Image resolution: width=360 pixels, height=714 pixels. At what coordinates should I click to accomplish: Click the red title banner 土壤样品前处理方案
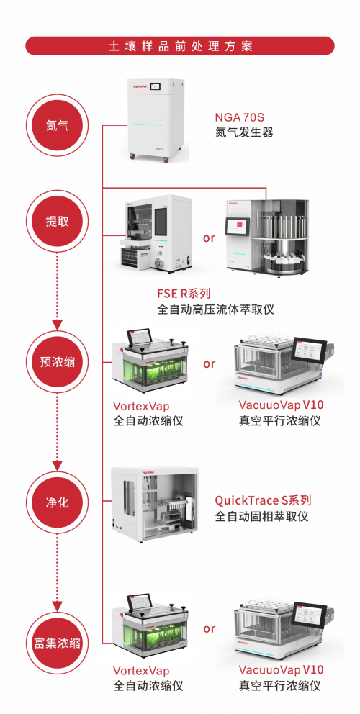pyautogui.click(x=180, y=46)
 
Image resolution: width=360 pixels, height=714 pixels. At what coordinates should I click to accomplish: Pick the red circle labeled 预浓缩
pyautogui.click(x=58, y=363)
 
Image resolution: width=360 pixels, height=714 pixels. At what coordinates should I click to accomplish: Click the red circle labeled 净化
pyautogui.click(x=58, y=503)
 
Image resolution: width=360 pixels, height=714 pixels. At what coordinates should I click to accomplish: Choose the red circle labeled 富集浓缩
pyautogui.click(x=58, y=643)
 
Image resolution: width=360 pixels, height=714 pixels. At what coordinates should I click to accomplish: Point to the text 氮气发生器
pyautogui.click(x=244, y=132)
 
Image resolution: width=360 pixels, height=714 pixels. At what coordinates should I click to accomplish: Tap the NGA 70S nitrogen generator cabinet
pyautogui.click(x=155, y=120)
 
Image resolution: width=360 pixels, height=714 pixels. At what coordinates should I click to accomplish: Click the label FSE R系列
pyautogui.click(x=184, y=294)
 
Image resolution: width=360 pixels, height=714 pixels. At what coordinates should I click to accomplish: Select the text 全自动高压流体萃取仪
pyautogui.click(x=215, y=309)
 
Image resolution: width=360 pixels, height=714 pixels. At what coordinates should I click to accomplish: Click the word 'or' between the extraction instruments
pyautogui.click(x=210, y=238)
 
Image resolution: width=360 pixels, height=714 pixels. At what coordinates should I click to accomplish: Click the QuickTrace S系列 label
pyautogui.click(x=263, y=500)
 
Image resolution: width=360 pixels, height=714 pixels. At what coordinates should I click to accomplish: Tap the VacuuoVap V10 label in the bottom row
pyautogui.click(x=282, y=670)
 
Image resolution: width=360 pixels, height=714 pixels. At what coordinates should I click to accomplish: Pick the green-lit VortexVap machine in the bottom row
pyautogui.click(x=150, y=628)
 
